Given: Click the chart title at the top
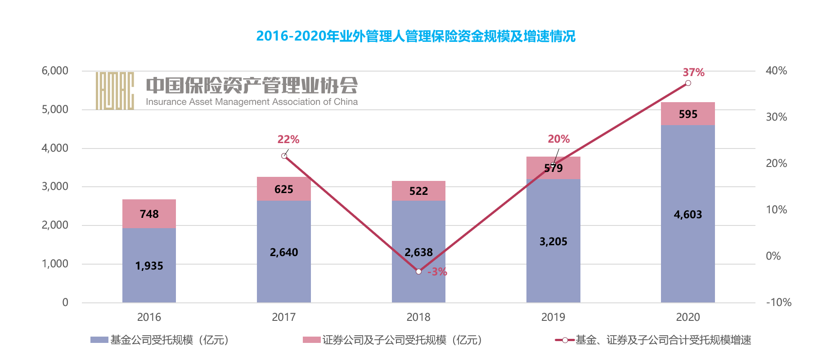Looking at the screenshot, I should tap(415, 36).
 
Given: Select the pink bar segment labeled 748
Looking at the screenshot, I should tap(149, 214).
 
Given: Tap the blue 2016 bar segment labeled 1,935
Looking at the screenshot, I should tap(149, 265).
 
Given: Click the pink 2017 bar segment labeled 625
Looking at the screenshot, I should tap(283, 189).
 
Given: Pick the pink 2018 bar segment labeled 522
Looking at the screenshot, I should tap(418, 191).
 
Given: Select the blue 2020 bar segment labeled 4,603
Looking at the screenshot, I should tap(688, 214).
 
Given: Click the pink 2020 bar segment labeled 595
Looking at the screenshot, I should tap(688, 114).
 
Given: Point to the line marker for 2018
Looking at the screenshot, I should tap(418, 271).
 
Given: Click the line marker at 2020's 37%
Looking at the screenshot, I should tap(688, 83).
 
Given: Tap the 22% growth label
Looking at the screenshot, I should tap(288, 139).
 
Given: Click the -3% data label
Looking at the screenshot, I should tap(437, 272).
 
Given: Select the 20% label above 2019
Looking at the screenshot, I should tap(558, 139).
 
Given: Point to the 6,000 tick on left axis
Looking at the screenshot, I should tap(55, 71).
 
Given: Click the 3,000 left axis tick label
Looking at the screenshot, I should tap(55, 186).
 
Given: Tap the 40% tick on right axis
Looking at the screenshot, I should tap(776, 71).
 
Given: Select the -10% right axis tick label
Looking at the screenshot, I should tap(778, 302).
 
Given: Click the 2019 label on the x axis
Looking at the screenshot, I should tap(553, 317).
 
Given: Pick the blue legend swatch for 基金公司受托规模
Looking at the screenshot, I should tap(99, 340).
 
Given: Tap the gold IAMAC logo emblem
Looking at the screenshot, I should tap(115, 90).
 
